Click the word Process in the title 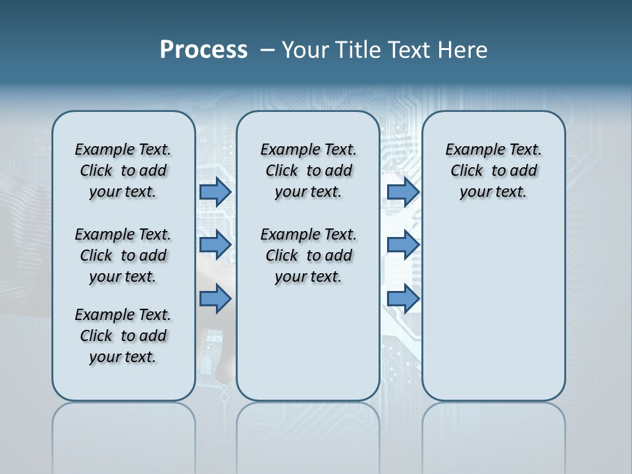pyautogui.click(x=203, y=50)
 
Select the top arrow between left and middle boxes pyautogui.click(x=215, y=192)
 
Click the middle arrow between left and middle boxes pyautogui.click(x=215, y=245)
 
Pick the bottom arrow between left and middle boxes pyautogui.click(x=215, y=299)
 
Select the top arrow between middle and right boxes pyautogui.click(x=403, y=192)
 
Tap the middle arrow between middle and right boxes pyautogui.click(x=403, y=245)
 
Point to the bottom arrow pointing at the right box pyautogui.click(x=403, y=299)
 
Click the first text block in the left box pyautogui.click(x=123, y=171)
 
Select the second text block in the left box pyautogui.click(x=123, y=255)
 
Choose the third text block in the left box pyautogui.click(x=123, y=336)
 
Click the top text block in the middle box pyautogui.click(x=308, y=171)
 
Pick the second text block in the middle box pyautogui.click(x=308, y=255)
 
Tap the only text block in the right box pyautogui.click(x=493, y=171)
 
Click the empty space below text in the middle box pyautogui.click(x=308, y=342)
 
